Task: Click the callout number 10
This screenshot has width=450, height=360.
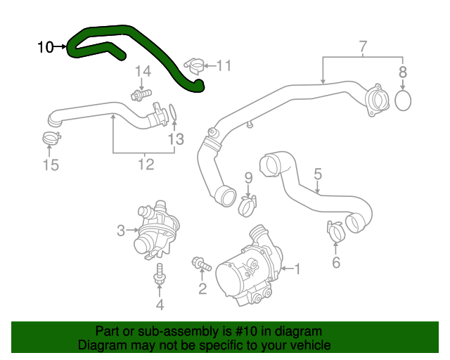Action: click(45, 47)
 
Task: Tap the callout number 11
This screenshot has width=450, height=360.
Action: click(224, 65)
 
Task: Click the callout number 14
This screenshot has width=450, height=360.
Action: click(143, 71)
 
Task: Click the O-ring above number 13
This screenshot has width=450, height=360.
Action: click(174, 112)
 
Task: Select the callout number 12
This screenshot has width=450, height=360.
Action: click(145, 165)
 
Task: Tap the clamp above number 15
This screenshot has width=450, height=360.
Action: click(51, 138)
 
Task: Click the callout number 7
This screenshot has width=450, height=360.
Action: click(363, 48)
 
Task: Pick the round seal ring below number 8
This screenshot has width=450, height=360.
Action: click(403, 100)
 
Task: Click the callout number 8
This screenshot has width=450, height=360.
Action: click(403, 71)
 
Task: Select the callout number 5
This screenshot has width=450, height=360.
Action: click(318, 173)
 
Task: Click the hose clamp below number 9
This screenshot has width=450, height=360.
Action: click(247, 205)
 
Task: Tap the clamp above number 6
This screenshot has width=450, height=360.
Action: click(335, 230)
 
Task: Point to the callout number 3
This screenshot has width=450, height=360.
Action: click(120, 230)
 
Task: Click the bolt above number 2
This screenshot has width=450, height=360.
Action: click(202, 264)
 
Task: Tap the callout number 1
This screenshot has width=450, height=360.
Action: click(297, 268)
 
